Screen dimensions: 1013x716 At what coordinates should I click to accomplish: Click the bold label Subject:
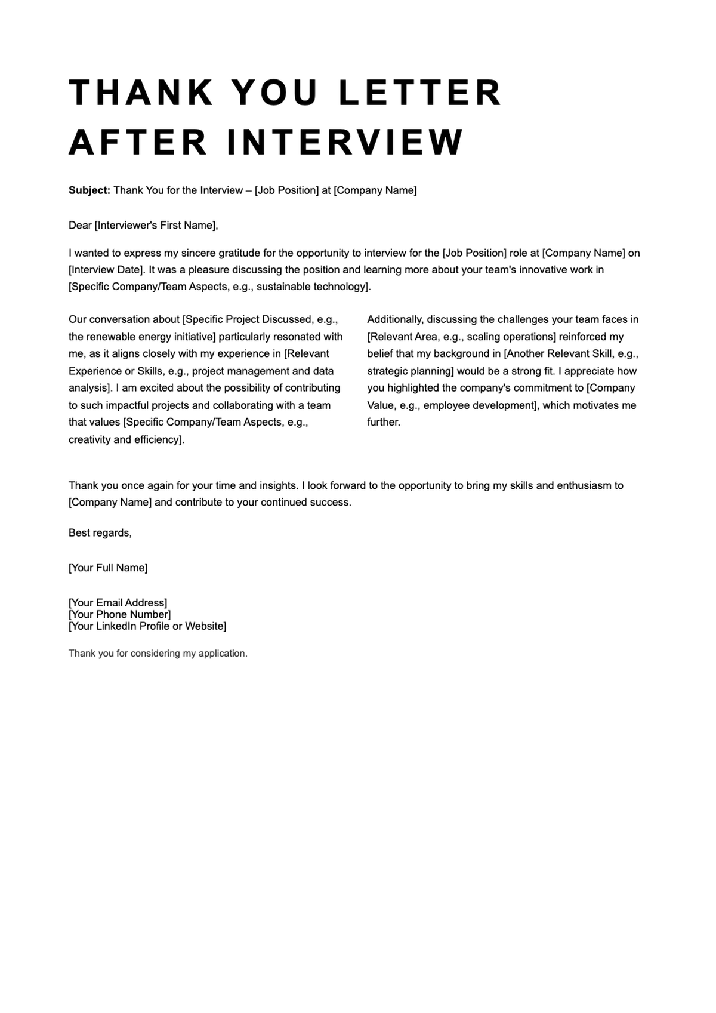point(89,190)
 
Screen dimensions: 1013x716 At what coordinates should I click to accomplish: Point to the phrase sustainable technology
point(310,287)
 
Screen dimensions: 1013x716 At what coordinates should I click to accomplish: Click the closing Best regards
point(100,533)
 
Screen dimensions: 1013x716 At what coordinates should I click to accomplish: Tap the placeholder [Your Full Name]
point(108,568)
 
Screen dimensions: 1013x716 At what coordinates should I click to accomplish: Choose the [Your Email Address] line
point(118,602)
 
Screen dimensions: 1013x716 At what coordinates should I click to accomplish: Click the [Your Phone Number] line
point(119,614)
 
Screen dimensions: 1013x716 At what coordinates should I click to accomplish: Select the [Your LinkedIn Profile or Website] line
point(147,626)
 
